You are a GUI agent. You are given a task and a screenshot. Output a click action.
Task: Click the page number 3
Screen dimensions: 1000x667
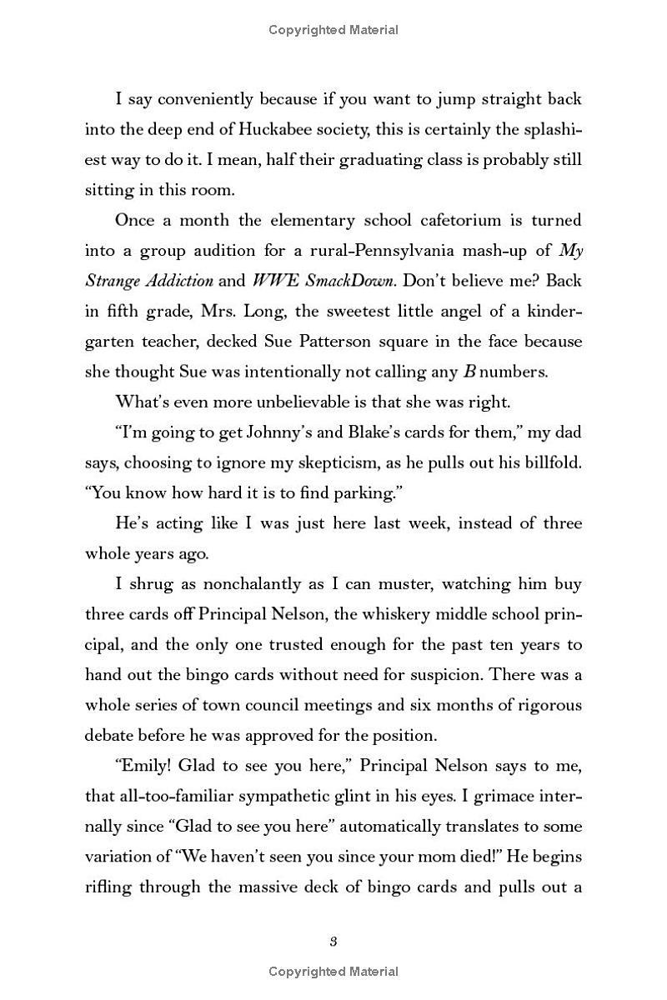pos(333,942)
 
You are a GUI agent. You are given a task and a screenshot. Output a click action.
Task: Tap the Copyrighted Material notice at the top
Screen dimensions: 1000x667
pos(333,30)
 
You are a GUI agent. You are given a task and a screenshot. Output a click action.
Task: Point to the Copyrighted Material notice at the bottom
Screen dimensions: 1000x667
pos(333,972)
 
